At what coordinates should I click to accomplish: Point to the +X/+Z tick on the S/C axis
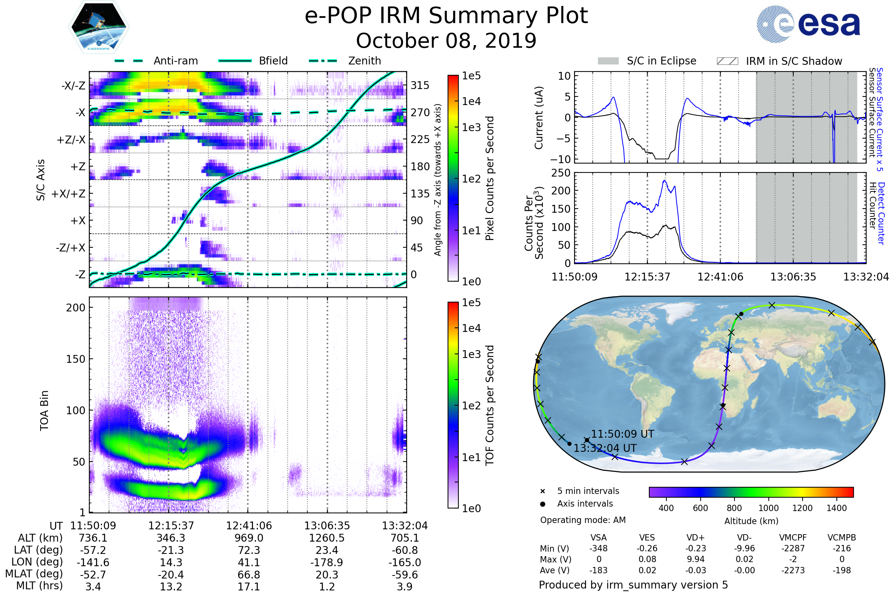[68, 194]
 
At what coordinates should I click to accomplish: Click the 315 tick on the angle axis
[420, 85]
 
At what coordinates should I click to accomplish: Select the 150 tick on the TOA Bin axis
[76, 359]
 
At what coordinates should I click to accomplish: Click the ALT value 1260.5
[327, 538]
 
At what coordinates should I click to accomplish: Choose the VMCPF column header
[793, 538]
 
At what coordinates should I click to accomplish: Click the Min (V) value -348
[598, 548]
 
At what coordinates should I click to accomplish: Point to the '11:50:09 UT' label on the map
[622, 434]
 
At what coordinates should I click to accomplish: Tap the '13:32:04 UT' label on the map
[605, 448]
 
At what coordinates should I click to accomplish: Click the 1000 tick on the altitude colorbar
[768, 508]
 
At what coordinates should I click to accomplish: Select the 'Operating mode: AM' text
[583, 520]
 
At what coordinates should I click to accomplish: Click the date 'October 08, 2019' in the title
[446, 41]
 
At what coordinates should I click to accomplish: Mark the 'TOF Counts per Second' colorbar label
[490, 405]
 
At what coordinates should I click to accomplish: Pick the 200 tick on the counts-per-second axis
[561, 191]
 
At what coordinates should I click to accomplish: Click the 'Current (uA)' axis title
[539, 118]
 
